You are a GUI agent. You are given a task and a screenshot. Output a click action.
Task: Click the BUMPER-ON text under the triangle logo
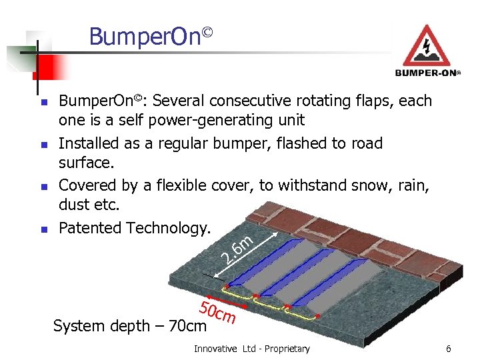(x=427, y=73)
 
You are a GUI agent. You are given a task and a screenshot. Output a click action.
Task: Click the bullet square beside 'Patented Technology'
(x=42, y=229)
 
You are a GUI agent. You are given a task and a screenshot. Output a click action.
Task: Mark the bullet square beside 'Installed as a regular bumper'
(x=42, y=145)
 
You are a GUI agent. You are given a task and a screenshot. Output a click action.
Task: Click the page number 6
(x=449, y=349)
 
